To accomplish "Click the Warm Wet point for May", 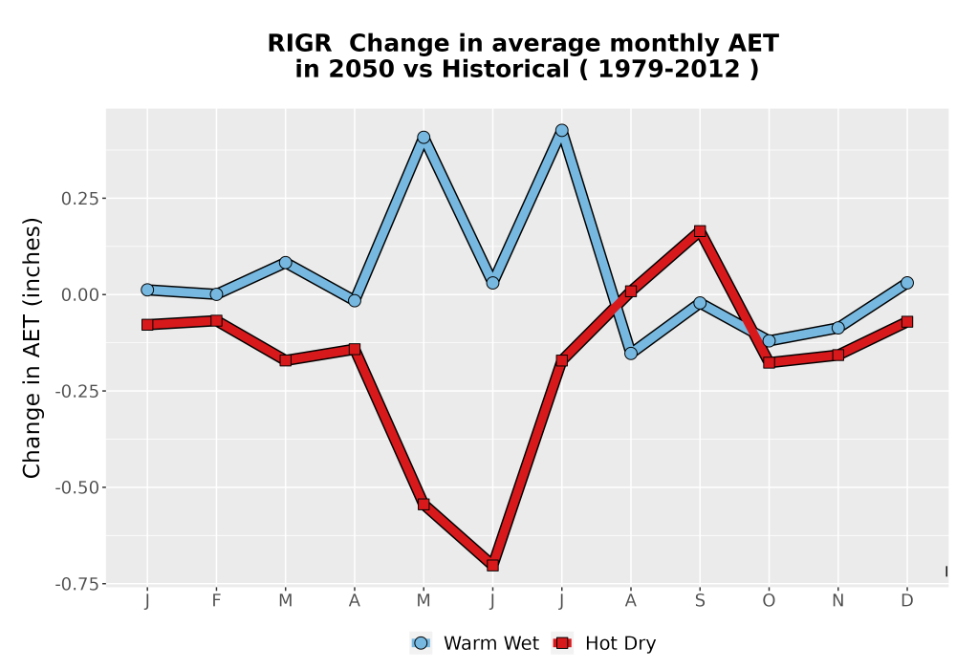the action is [424, 138].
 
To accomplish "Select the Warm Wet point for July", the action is [561, 130].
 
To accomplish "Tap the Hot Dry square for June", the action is [492, 566].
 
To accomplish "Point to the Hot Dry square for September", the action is [700, 231].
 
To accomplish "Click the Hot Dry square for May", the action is [424, 504].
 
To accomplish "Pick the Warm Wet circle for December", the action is [907, 283].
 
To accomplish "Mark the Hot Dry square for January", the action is [147, 325].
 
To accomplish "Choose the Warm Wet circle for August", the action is [631, 354].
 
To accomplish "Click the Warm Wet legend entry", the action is [474, 643].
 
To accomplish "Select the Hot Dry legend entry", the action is [603, 643].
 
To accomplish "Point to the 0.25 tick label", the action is [80, 199].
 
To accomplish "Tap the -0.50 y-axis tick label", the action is [76, 488].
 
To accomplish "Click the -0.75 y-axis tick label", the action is [76, 584].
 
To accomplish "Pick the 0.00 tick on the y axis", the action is [80, 295].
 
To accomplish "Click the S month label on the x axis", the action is [700, 601].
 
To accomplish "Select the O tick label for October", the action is [769, 601].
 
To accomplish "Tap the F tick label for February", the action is [216, 601].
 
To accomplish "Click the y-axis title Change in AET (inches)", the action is [32, 348].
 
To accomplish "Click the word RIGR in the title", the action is [299, 43].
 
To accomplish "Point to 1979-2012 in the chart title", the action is [669, 69].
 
